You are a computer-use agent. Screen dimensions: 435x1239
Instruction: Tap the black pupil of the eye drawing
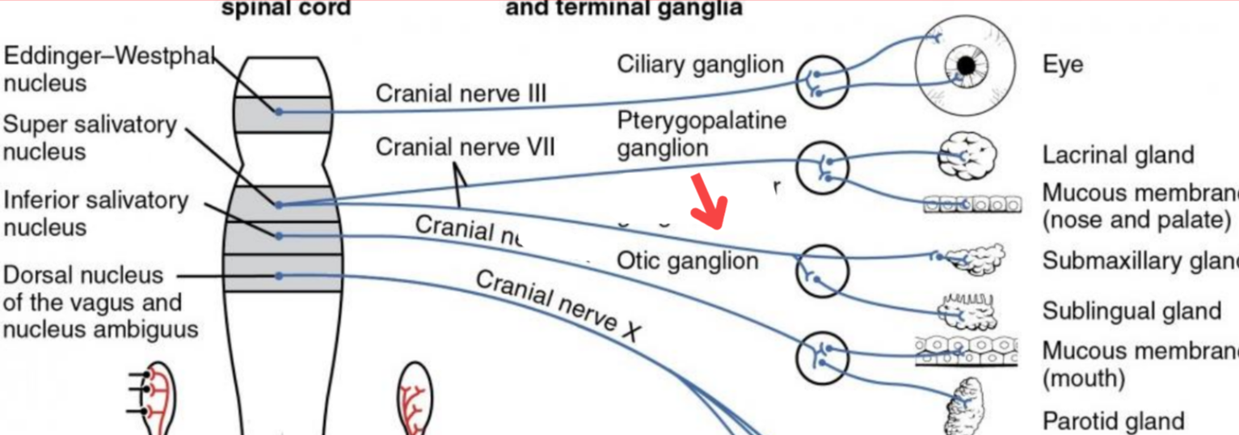point(965,64)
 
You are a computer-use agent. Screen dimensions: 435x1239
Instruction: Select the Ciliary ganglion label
point(700,65)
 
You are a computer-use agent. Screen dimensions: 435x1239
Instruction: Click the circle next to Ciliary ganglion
point(822,82)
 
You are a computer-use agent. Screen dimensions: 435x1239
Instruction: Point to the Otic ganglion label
point(687,260)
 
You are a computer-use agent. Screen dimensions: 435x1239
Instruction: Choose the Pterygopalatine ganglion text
point(702,134)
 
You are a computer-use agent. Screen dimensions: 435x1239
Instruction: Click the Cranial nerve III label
point(461,94)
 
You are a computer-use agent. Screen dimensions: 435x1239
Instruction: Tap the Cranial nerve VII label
point(465,148)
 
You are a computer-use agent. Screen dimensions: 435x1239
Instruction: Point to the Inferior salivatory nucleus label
point(95,213)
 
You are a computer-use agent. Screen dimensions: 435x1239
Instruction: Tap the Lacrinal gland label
point(1118,154)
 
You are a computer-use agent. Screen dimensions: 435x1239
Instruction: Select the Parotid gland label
point(1113,421)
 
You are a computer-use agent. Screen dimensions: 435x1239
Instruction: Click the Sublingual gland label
point(1131,311)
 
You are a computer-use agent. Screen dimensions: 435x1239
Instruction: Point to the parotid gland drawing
point(967,408)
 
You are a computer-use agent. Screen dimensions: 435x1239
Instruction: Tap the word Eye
point(1063,65)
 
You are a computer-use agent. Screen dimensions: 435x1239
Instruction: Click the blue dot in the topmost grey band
point(278,112)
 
